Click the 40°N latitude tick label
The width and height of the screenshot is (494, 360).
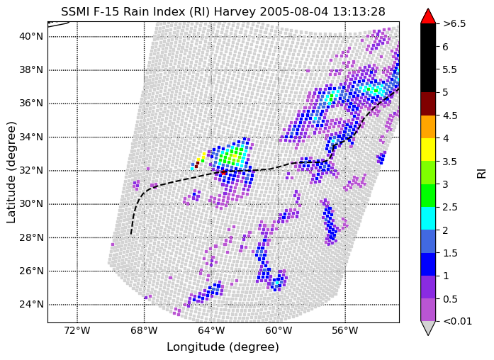tap(31, 37)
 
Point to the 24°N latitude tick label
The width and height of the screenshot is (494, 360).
tap(31, 305)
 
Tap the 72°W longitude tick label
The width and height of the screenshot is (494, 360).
tap(77, 331)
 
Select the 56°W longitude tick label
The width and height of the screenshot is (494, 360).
tap(345, 331)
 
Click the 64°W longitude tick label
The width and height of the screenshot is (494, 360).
tap(211, 331)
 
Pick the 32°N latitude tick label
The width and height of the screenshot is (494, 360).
tap(31, 170)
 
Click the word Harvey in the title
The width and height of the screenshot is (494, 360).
tap(235, 12)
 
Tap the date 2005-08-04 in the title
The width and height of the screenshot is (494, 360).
tap(294, 11)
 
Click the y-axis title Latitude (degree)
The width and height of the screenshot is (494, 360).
tap(11, 172)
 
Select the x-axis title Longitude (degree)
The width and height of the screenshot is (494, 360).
tap(223, 347)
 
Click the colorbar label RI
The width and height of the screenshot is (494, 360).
tap(482, 173)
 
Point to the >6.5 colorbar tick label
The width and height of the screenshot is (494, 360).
tap(454, 23)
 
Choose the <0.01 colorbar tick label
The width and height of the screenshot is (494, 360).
tap(457, 321)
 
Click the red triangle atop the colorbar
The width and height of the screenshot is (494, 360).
tap(428, 17)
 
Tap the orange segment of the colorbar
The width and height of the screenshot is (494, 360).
tap(428, 127)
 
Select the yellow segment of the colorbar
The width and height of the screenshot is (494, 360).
tap(428, 150)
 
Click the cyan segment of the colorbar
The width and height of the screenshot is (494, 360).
tap(428, 218)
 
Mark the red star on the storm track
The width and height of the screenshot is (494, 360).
tap(224, 173)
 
